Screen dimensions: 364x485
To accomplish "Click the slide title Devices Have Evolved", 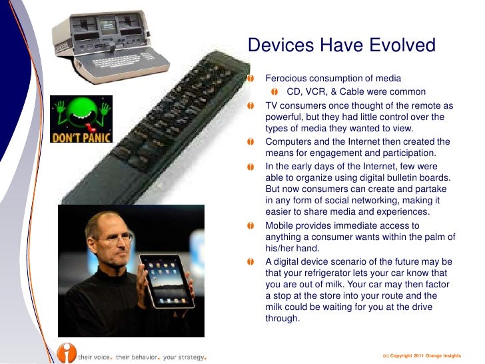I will click(341, 46).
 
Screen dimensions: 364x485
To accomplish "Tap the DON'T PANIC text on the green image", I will click(81, 137).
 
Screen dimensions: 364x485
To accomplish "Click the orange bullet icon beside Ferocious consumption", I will click(251, 79).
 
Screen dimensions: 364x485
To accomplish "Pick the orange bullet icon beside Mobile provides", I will click(251, 226).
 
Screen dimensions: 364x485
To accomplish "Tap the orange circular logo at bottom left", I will click(65, 353).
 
